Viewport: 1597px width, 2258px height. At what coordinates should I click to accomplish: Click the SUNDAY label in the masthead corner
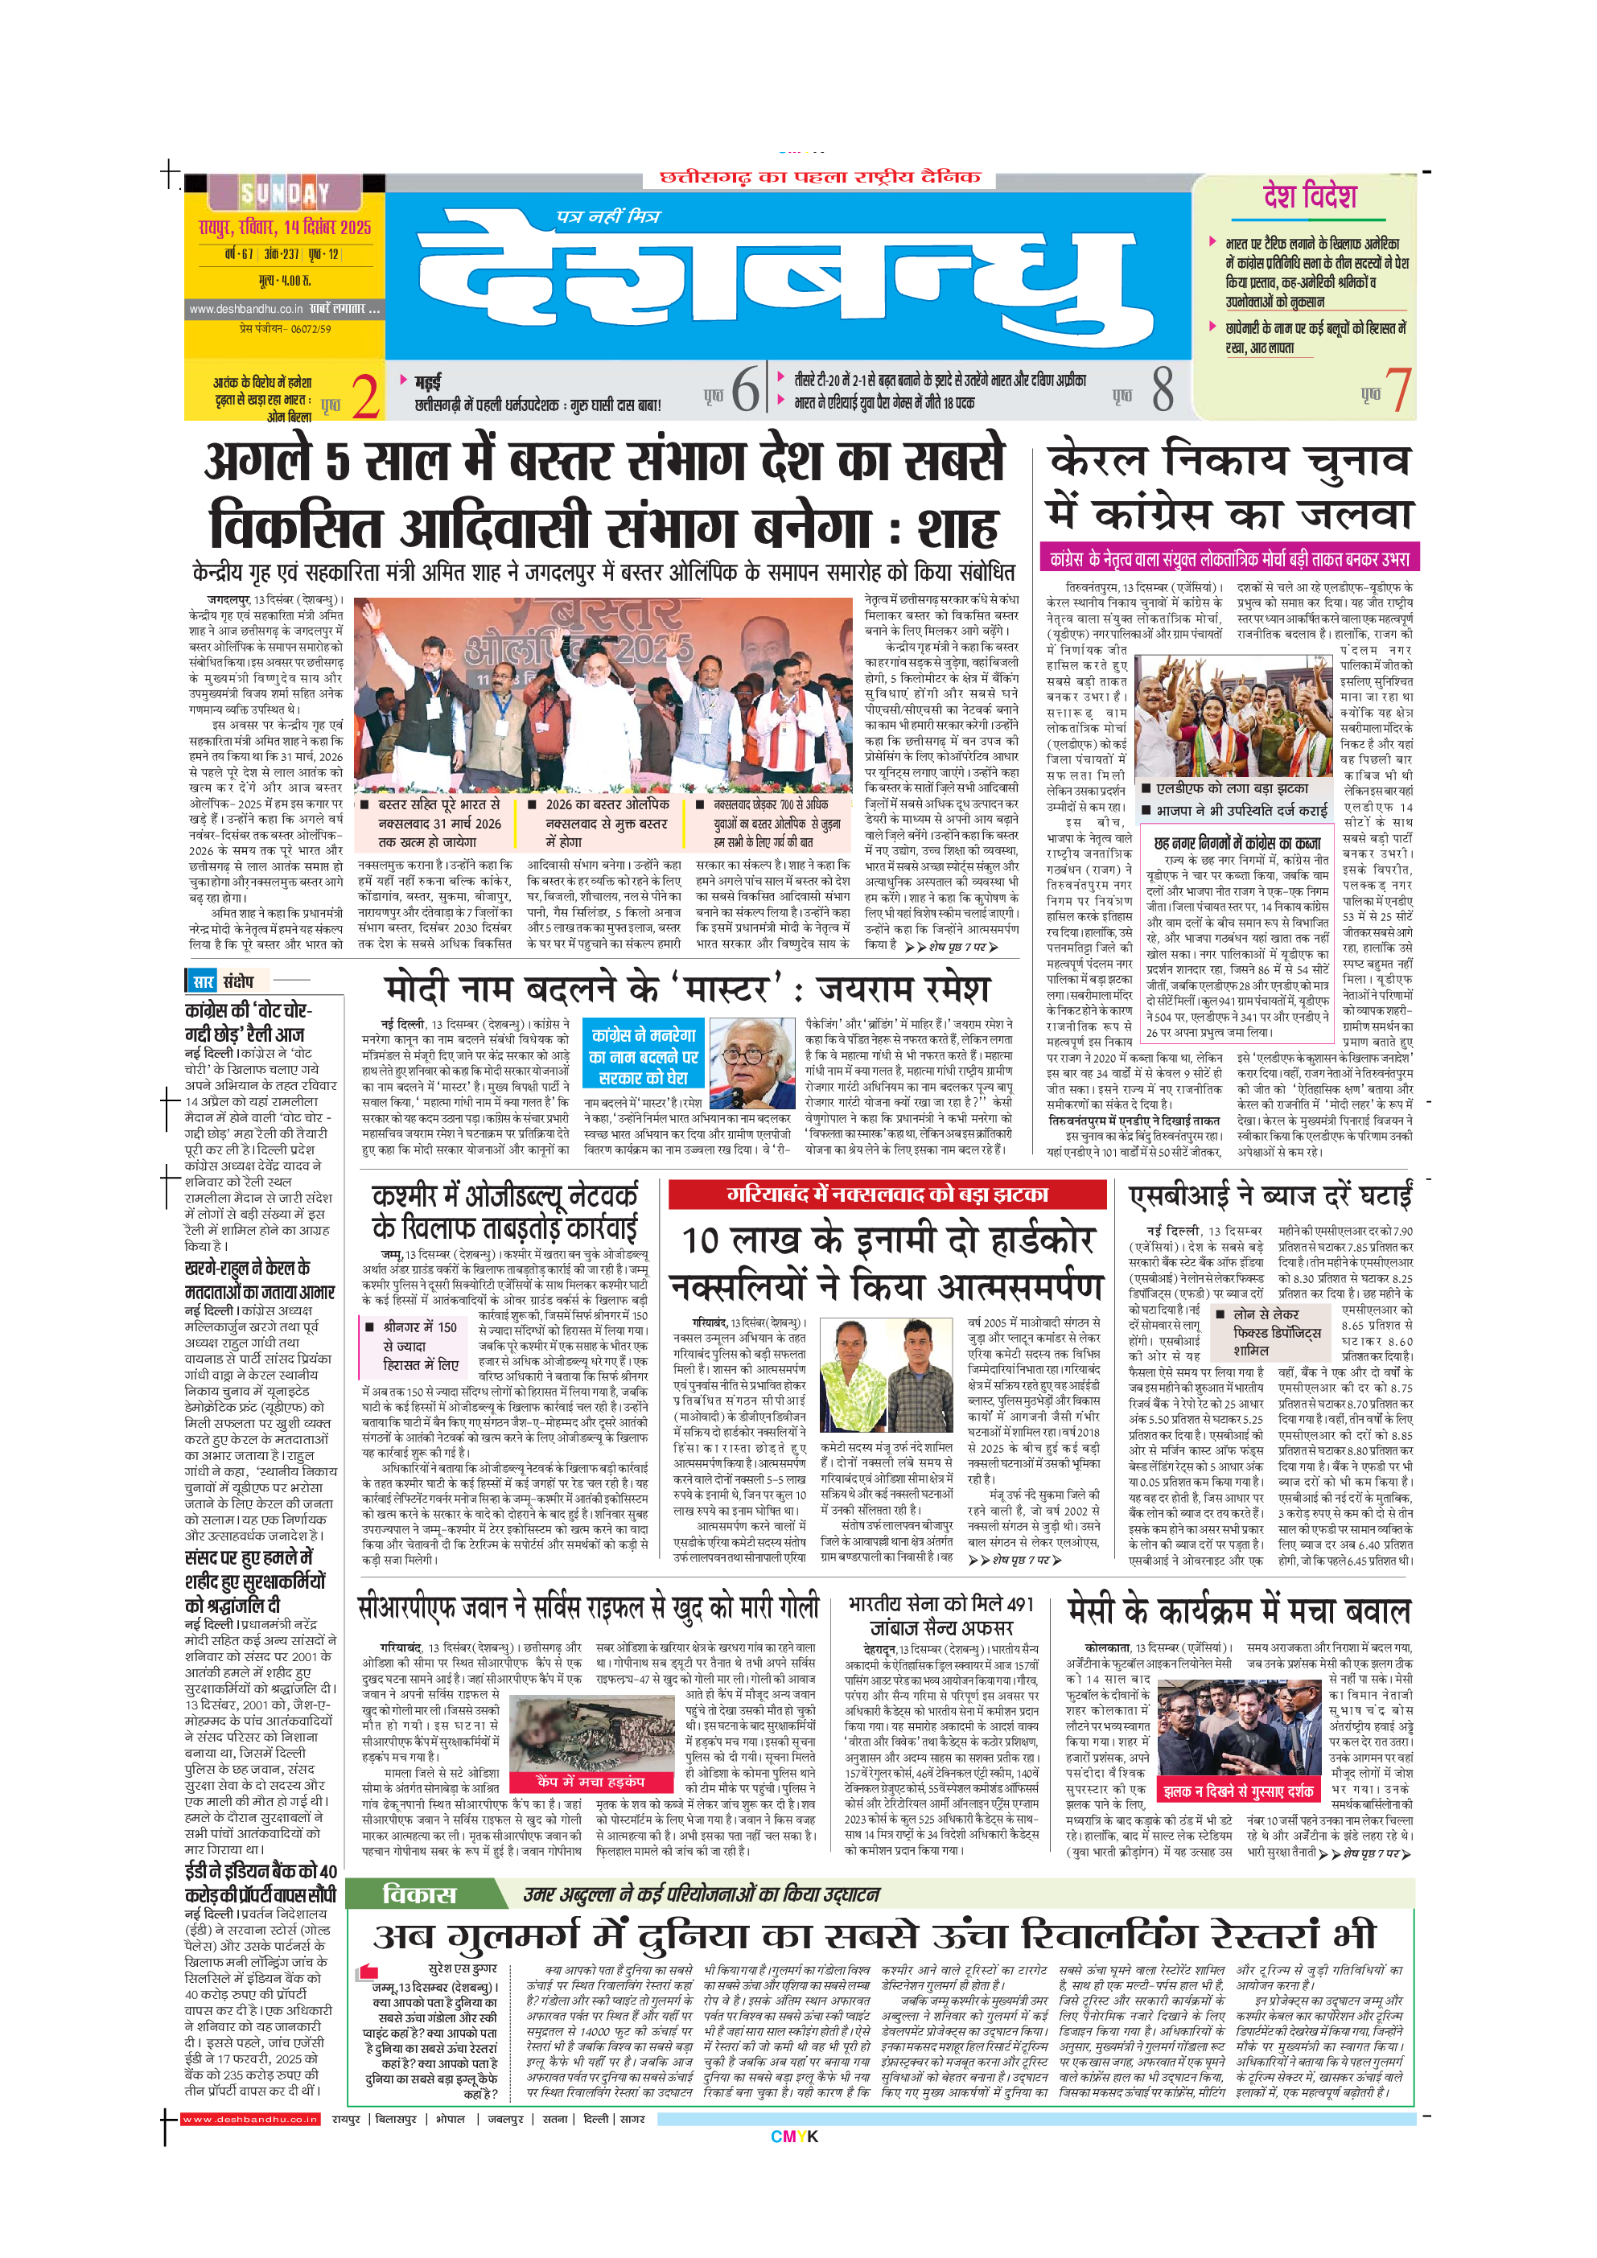285,194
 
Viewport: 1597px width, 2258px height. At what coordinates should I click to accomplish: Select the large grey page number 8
1163,389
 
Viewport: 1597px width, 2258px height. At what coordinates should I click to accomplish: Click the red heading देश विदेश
1310,197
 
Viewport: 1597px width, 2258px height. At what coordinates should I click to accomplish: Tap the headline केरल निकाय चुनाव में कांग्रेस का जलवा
1229,487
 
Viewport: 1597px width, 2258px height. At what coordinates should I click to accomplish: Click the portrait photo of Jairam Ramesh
751,1064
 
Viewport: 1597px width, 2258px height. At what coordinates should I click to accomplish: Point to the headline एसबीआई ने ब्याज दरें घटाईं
1270,1196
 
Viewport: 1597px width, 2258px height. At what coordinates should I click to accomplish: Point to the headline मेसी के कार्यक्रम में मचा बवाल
1239,1611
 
